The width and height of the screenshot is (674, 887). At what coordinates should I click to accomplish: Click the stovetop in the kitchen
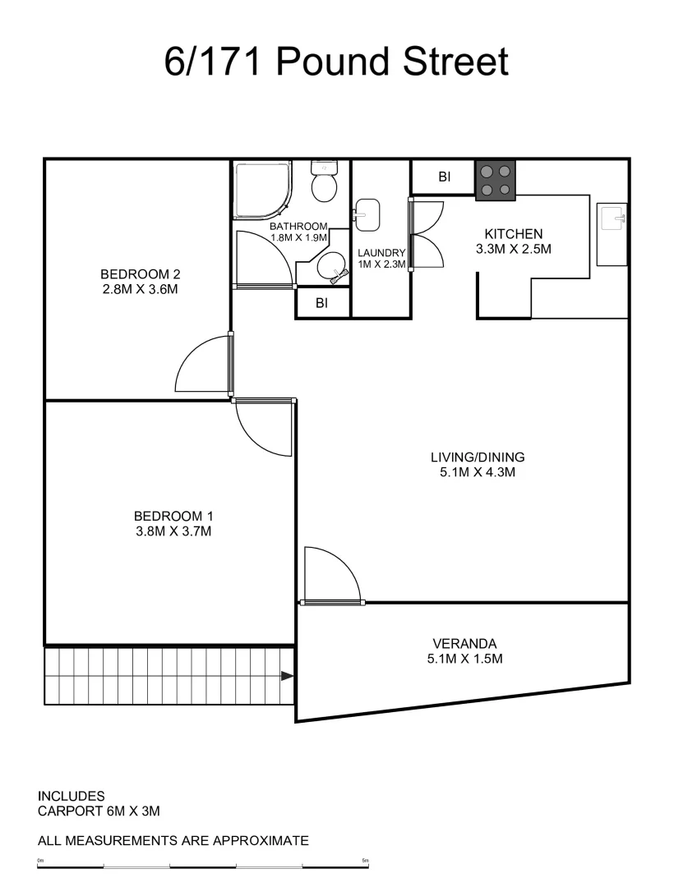496,181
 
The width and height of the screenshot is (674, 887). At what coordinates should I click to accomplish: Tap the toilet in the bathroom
324,182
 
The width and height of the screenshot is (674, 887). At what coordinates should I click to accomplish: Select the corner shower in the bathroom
261,190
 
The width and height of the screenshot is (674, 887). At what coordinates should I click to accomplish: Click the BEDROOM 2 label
140,274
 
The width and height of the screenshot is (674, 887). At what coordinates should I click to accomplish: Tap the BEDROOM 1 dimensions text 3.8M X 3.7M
173,531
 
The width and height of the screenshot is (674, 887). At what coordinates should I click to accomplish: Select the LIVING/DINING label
478,457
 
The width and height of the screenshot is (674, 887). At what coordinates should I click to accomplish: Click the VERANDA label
465,644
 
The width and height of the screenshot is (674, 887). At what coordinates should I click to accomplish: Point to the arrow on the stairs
286,676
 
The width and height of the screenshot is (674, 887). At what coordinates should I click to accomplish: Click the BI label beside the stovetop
444,177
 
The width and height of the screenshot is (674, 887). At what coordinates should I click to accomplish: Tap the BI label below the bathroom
322,303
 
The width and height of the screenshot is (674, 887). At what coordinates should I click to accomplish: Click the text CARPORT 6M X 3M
99,811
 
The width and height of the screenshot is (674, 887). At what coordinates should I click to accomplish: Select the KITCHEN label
514,234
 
